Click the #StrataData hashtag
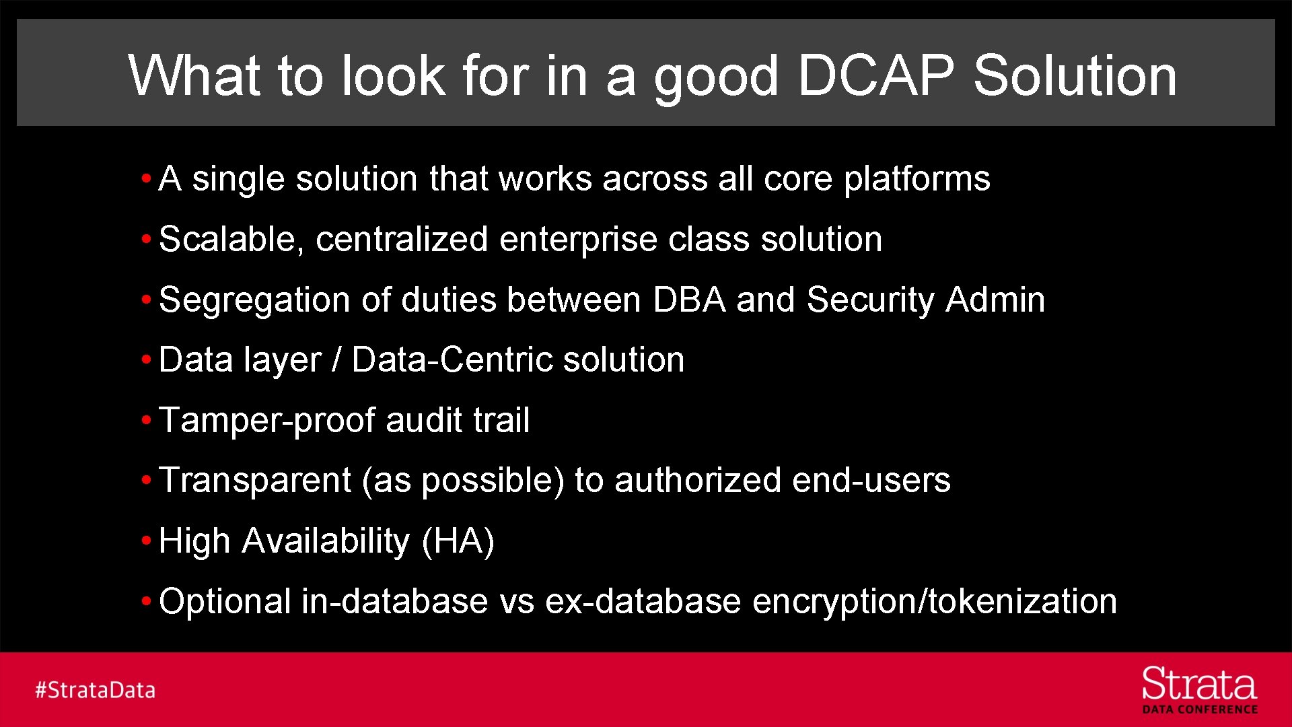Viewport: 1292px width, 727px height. click(95, 690)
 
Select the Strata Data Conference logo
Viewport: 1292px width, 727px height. click(1199, 690)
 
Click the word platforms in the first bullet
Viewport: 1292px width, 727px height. click(917, 179)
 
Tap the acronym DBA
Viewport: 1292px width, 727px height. click(689, 300)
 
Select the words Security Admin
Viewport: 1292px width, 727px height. click(926, 300)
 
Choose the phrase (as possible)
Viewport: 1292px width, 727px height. click(463, 481)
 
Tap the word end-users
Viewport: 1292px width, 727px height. click(871, 481)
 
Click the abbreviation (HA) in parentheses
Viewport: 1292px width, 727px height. click(458, 541)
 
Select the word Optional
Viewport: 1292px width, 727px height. click(225, 601)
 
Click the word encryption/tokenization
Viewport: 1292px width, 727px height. click(934, 601)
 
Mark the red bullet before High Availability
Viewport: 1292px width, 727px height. click(146, 541)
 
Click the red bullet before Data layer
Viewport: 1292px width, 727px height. click(146, 360)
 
